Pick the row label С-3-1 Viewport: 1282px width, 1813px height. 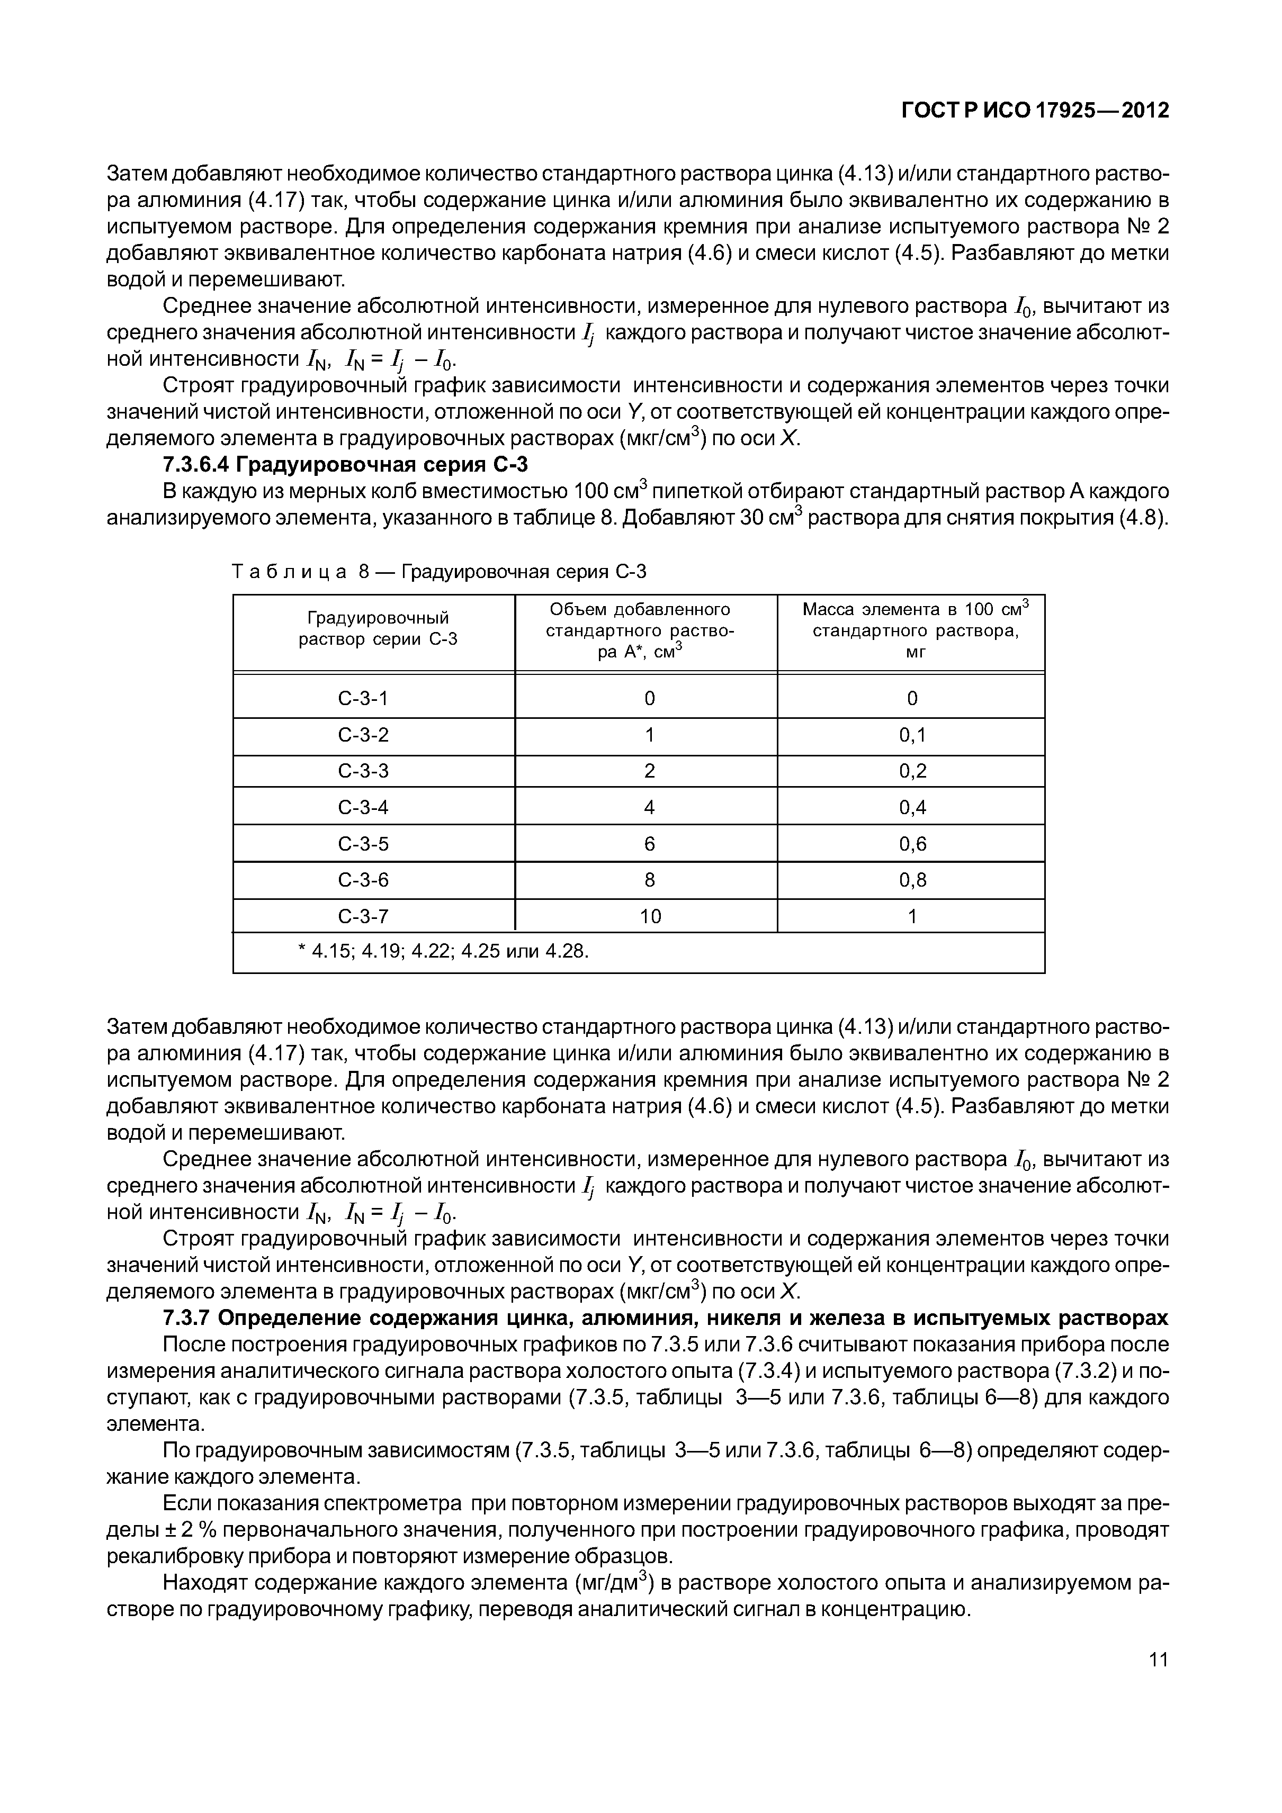coord(363,698)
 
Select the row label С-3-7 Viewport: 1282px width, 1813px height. coord(363,916)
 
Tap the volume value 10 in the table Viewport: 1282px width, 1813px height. coord(650,916)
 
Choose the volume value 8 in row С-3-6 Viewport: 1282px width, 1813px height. coord(650,880)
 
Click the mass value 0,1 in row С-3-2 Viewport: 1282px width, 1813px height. coord(912,735)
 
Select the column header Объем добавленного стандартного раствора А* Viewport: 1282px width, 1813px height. coord(640,630)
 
